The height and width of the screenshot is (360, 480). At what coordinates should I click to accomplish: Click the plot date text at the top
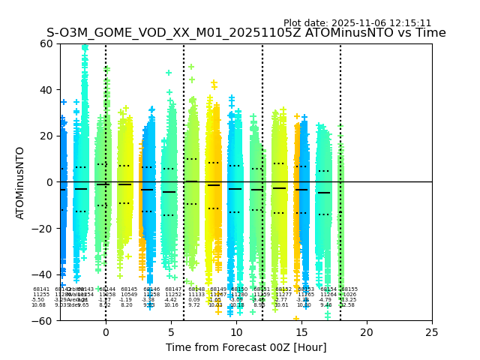coord(357,23)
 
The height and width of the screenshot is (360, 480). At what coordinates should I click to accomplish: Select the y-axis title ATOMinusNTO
coord(21,182)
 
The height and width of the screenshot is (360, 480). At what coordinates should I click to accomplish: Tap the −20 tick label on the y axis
coord(45,229)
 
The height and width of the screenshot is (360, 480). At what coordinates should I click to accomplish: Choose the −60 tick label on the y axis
coord(45,321)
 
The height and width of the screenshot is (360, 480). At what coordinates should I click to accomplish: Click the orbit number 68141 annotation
coord(41,289)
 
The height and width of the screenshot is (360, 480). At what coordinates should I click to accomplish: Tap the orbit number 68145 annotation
coord(129,289)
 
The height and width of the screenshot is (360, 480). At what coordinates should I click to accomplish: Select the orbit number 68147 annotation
coord(173,289)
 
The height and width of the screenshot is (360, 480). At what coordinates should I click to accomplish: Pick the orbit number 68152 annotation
coord(283,289)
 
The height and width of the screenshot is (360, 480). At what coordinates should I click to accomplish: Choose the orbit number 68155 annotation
coord(349,289)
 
